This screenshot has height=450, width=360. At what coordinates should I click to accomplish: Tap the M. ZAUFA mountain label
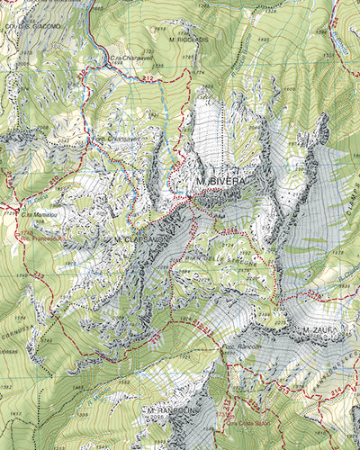click(319, 332)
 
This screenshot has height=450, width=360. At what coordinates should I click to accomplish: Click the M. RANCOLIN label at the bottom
click(167, 410)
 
